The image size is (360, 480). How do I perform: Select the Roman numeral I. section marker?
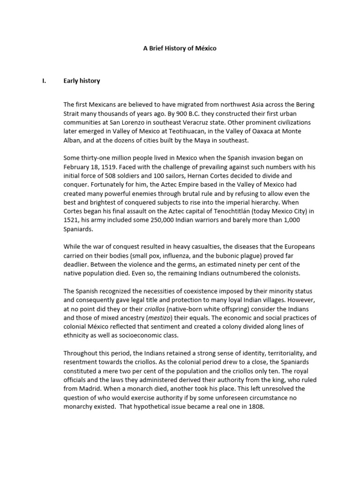tap(44, 81)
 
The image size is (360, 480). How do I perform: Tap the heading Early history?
tap(82, 81)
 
